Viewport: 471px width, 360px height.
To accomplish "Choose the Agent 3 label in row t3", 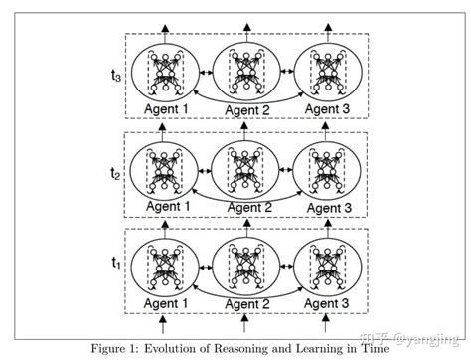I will (x=327, y=110).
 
